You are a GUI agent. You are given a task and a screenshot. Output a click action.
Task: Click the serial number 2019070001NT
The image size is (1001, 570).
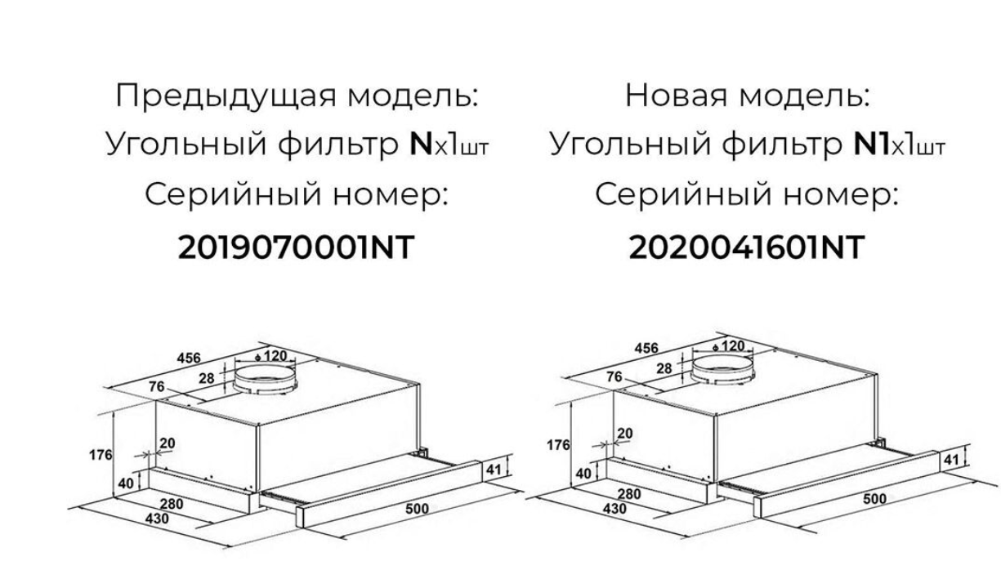[x=295, y=247]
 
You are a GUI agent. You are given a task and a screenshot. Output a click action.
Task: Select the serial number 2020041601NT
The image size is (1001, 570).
[x=745, y=247]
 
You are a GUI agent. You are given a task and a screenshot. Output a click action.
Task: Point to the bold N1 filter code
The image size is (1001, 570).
[x=869, y=145]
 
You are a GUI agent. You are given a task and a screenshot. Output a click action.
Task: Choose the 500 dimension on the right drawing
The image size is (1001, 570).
[x=874, y=499]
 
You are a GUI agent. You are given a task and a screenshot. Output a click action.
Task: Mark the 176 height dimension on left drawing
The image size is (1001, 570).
[x=100, y=454]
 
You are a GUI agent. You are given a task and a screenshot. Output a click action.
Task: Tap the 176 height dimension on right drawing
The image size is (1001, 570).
[x=559, y=446]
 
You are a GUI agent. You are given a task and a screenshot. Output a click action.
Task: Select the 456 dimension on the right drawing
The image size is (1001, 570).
[x=647, y=349]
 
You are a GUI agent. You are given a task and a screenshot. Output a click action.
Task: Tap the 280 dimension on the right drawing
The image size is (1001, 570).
[x=629, y=494]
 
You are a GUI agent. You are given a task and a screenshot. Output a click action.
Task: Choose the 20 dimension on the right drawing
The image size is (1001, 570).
[x=626, y=433]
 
